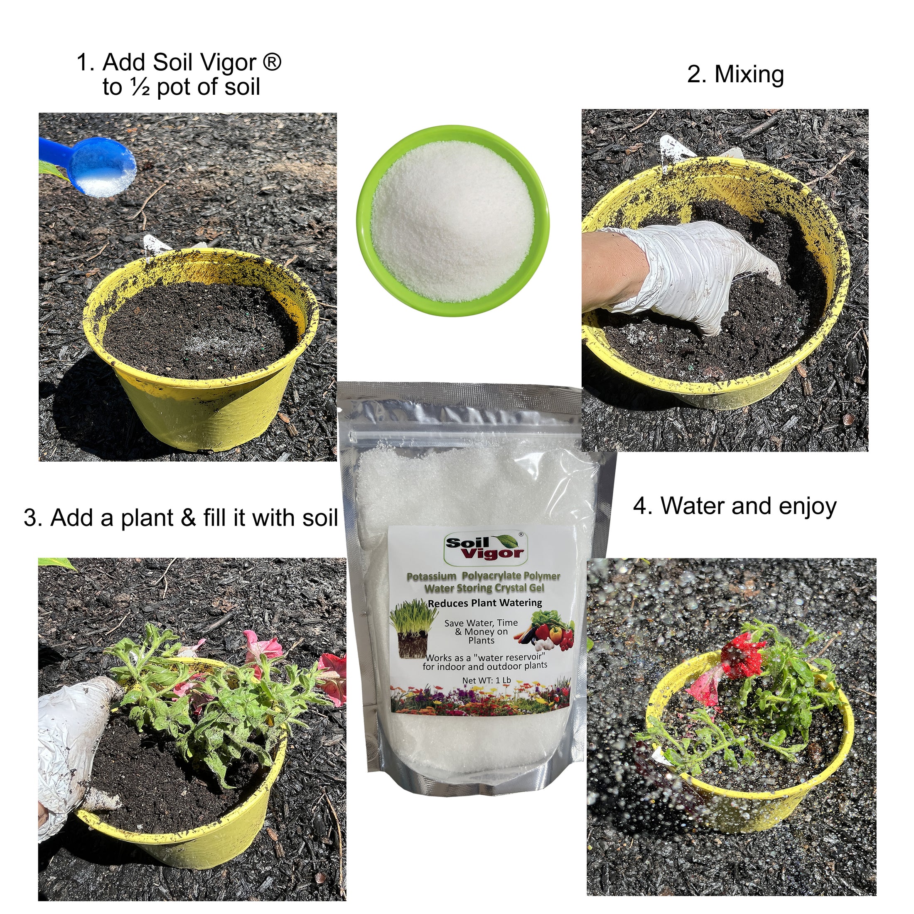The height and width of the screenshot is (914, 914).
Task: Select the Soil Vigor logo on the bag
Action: pyautogui.click(x=485, y=548)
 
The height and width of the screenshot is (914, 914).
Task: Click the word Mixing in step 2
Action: pyautogui.click(x=749, y=74)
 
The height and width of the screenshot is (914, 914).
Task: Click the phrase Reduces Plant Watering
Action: pyautogui.click(x=484, y=603)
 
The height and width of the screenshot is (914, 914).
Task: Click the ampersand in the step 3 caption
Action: pyautogui.click(x=188, y=517)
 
